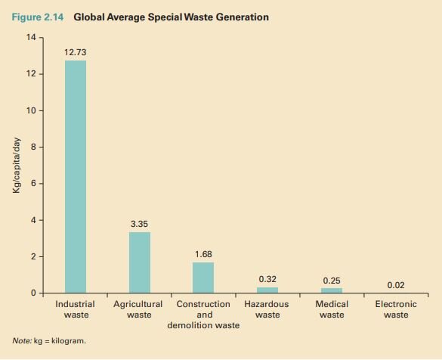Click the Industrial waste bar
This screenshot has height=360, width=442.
76,176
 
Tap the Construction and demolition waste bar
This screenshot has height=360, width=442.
203,278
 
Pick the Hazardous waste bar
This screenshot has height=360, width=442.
267,290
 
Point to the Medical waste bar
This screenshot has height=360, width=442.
332,290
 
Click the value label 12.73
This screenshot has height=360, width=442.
76,51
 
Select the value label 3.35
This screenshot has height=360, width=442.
139,224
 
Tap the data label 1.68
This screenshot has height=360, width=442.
203,254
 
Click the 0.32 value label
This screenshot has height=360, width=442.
267,279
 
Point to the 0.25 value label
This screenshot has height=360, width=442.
332,280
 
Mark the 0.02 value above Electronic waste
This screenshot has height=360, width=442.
395,285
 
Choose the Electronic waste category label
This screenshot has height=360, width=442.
395,309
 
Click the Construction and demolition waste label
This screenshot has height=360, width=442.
203,314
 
